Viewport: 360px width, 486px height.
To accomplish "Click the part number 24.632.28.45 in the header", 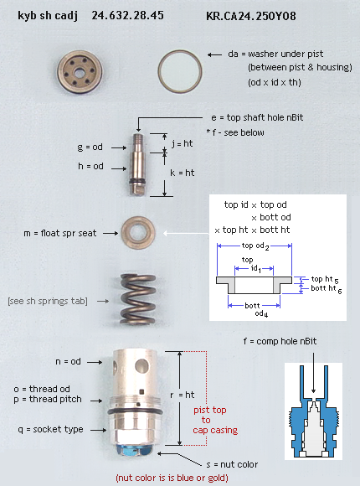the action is point(127,15).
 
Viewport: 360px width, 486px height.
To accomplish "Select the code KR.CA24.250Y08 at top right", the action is point(251,16).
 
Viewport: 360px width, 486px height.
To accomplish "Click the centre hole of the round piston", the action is point(80,73).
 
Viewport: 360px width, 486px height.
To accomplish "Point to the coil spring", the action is point(137,299).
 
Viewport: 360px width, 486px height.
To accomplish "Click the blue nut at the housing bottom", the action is point(132,450).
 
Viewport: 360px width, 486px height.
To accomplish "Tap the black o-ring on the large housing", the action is point(135,411).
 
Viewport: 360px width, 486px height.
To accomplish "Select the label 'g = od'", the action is point(90,147).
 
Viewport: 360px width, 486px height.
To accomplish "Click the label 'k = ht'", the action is point(183,173).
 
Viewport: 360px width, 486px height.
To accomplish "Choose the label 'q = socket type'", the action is point(50,429).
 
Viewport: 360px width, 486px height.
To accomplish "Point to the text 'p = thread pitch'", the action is point(48,399).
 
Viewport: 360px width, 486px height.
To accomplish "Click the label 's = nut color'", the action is point(232,464).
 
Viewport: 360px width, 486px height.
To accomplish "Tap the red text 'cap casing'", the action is point(215,430).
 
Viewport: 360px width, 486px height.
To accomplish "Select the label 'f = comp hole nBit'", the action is point(280,341).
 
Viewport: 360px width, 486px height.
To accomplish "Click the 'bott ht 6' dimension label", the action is point(327,289).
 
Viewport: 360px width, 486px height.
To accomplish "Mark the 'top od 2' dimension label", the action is point(255,246).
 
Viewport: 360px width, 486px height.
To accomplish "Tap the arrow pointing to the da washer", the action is point(214,54).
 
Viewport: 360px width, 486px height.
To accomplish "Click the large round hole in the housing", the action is point(141,365).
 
